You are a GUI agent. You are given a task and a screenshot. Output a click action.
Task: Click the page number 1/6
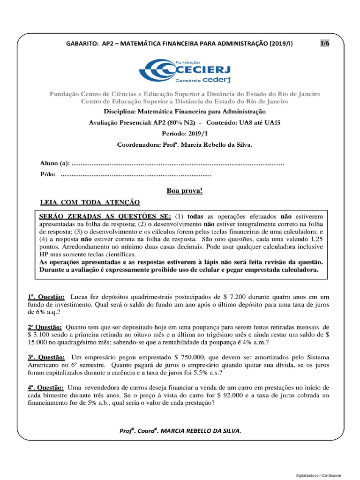click(325, 44)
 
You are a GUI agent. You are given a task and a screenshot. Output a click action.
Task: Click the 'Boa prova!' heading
click(185, 191)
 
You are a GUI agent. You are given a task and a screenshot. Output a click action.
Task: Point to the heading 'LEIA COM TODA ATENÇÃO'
click(90, 202)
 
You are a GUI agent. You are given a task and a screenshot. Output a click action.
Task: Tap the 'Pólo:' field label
click(48, 175)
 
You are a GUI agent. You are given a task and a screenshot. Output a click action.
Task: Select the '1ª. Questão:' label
click(46, 297)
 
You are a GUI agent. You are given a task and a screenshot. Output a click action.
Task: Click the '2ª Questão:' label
click(45, 327)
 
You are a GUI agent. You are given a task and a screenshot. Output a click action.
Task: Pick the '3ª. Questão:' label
click(46, 357)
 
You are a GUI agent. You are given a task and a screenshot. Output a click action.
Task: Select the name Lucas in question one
click(80, 297)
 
